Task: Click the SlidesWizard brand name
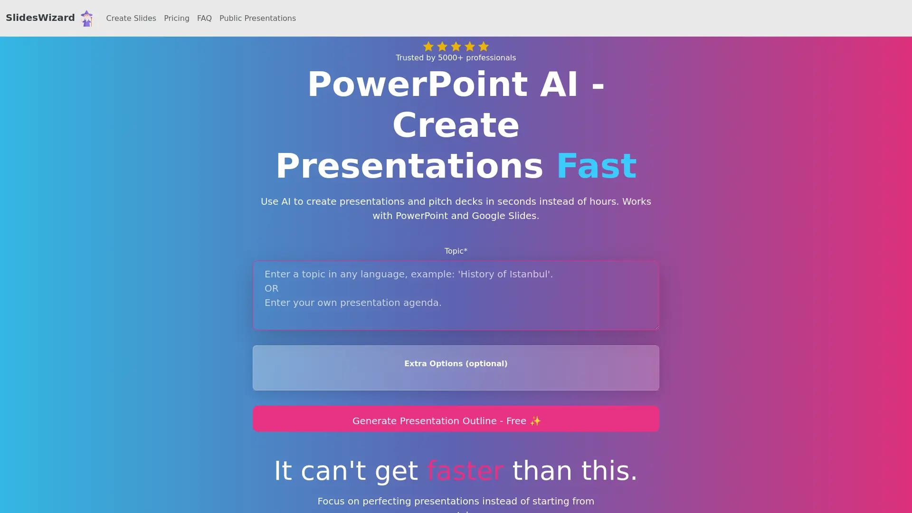(x=40, y=18)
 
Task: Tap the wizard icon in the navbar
(x=86, y=19)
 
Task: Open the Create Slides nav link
(x=131, y=19)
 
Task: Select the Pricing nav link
(x=177, y=19)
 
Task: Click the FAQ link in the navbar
(x=204, y=19)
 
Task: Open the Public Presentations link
(x=257, y=19)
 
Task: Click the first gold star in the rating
(x=428, y=47)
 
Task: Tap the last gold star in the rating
(x=484, y=47)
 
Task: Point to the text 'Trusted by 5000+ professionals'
(x=456, y=58)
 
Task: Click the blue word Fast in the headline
(x=596, y=166)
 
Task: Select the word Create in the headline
(x=456, y=125)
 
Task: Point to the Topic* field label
(x=456, y=251)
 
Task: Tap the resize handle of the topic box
(x=656, y=327)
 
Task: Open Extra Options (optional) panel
(x=456, y=364)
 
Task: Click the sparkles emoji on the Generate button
(x=535, y=421)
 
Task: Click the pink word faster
(x=465, y=471)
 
